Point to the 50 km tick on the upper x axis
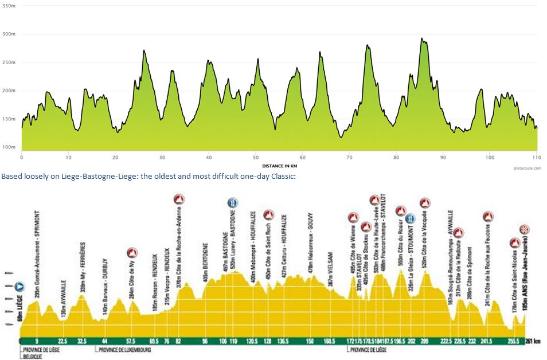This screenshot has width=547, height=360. click(256, 156)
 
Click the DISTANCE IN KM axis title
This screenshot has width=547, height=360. click(279, 165)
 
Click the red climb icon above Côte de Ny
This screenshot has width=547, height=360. click(132, 252)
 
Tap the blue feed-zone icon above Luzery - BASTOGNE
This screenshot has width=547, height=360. click(232, 202)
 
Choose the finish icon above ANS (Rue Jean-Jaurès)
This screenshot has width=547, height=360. click(523, 230)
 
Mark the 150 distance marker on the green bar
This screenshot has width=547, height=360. click(310, 341)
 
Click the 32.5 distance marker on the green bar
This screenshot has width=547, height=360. click(82, 341)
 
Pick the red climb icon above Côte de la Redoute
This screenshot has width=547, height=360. click(459, 233)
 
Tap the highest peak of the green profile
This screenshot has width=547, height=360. click(422, 39)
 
